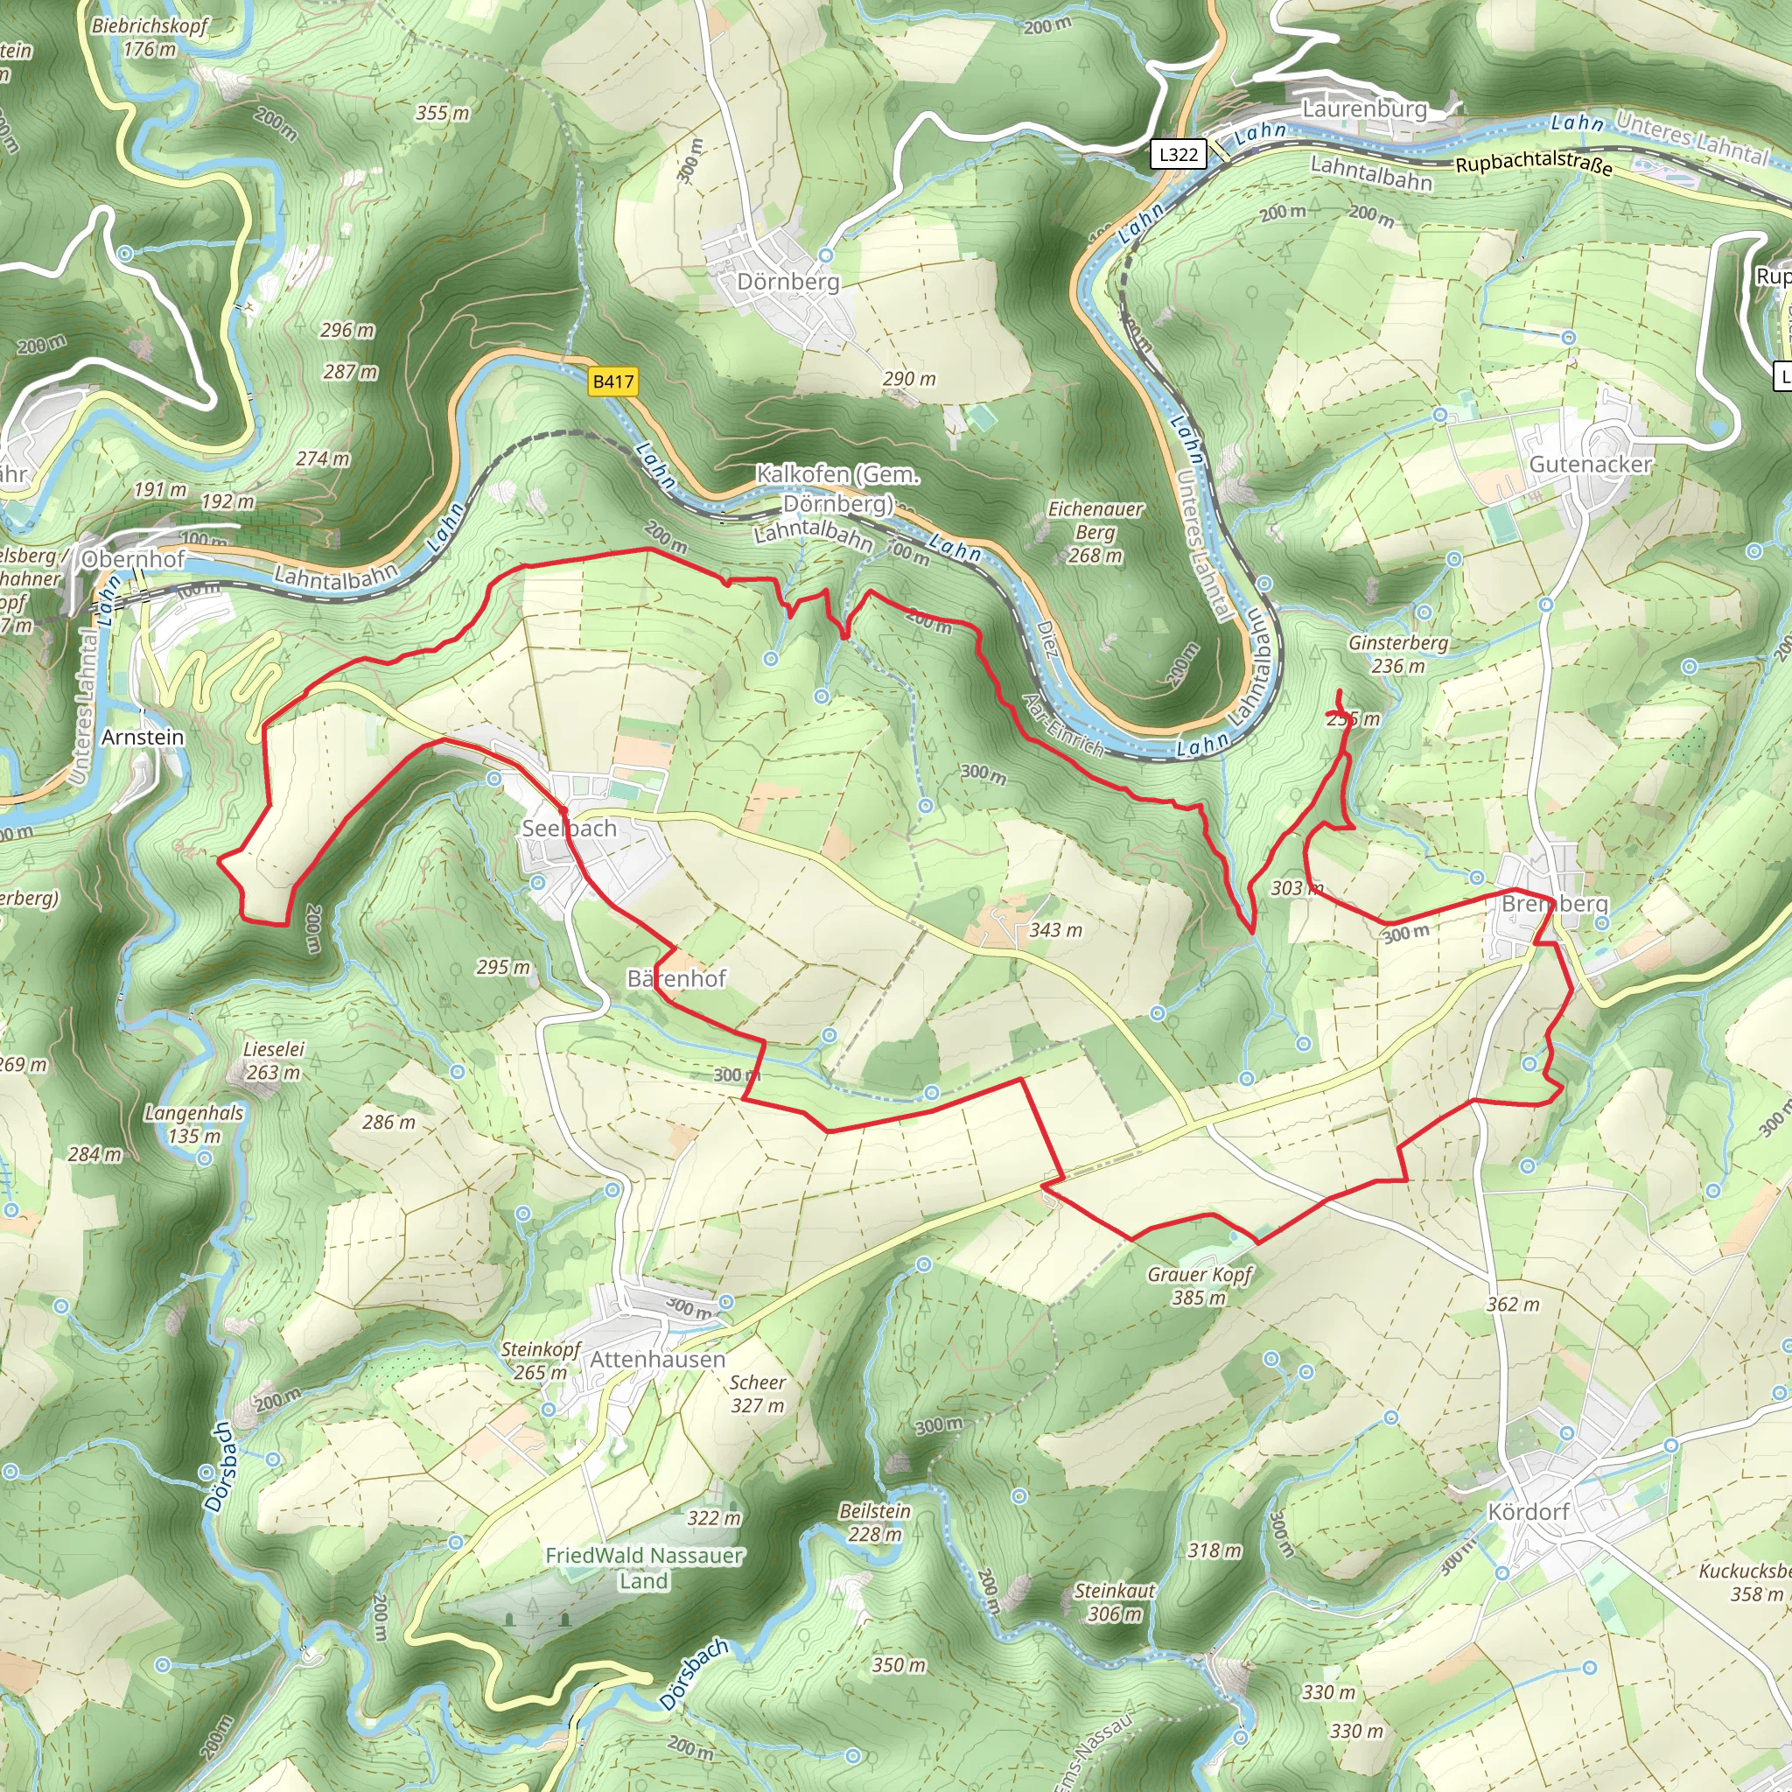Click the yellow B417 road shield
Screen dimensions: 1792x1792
click(x=613, y=381)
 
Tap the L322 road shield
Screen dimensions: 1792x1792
click(x=1178, y=154)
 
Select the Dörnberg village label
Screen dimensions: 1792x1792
click(x=787, y=282)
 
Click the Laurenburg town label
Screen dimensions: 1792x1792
click(x=1363, y=108)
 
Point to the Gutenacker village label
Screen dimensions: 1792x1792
click(x=1590, y=464)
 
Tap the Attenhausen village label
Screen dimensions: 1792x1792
click(x=658, y=1360)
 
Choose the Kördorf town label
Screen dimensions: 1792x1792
click(x=1528, y=1512)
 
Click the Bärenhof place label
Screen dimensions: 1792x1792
click(x=676, y=978)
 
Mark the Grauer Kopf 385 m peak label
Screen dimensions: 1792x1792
click(x=1200, y=1285)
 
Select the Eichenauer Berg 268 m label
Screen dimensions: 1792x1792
click(x=1095, y=532)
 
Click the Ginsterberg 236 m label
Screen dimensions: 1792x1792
click(x=1397, y=654)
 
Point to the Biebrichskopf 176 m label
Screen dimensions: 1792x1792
click(x=150, y=37)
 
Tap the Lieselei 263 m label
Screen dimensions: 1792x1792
click(x=274, y=1060)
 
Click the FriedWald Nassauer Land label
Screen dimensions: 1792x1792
click(x=644, y=1567)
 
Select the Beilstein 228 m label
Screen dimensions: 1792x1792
click(x=875, y=1522)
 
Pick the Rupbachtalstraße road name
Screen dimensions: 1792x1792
click(x=1533, y=164)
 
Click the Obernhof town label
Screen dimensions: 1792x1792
click(x=134, y=558)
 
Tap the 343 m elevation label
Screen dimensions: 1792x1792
click(x=1055, y=929)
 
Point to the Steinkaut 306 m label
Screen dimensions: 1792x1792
click(x=1114, y=1602)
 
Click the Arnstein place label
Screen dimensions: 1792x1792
click(x=143, y=737)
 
